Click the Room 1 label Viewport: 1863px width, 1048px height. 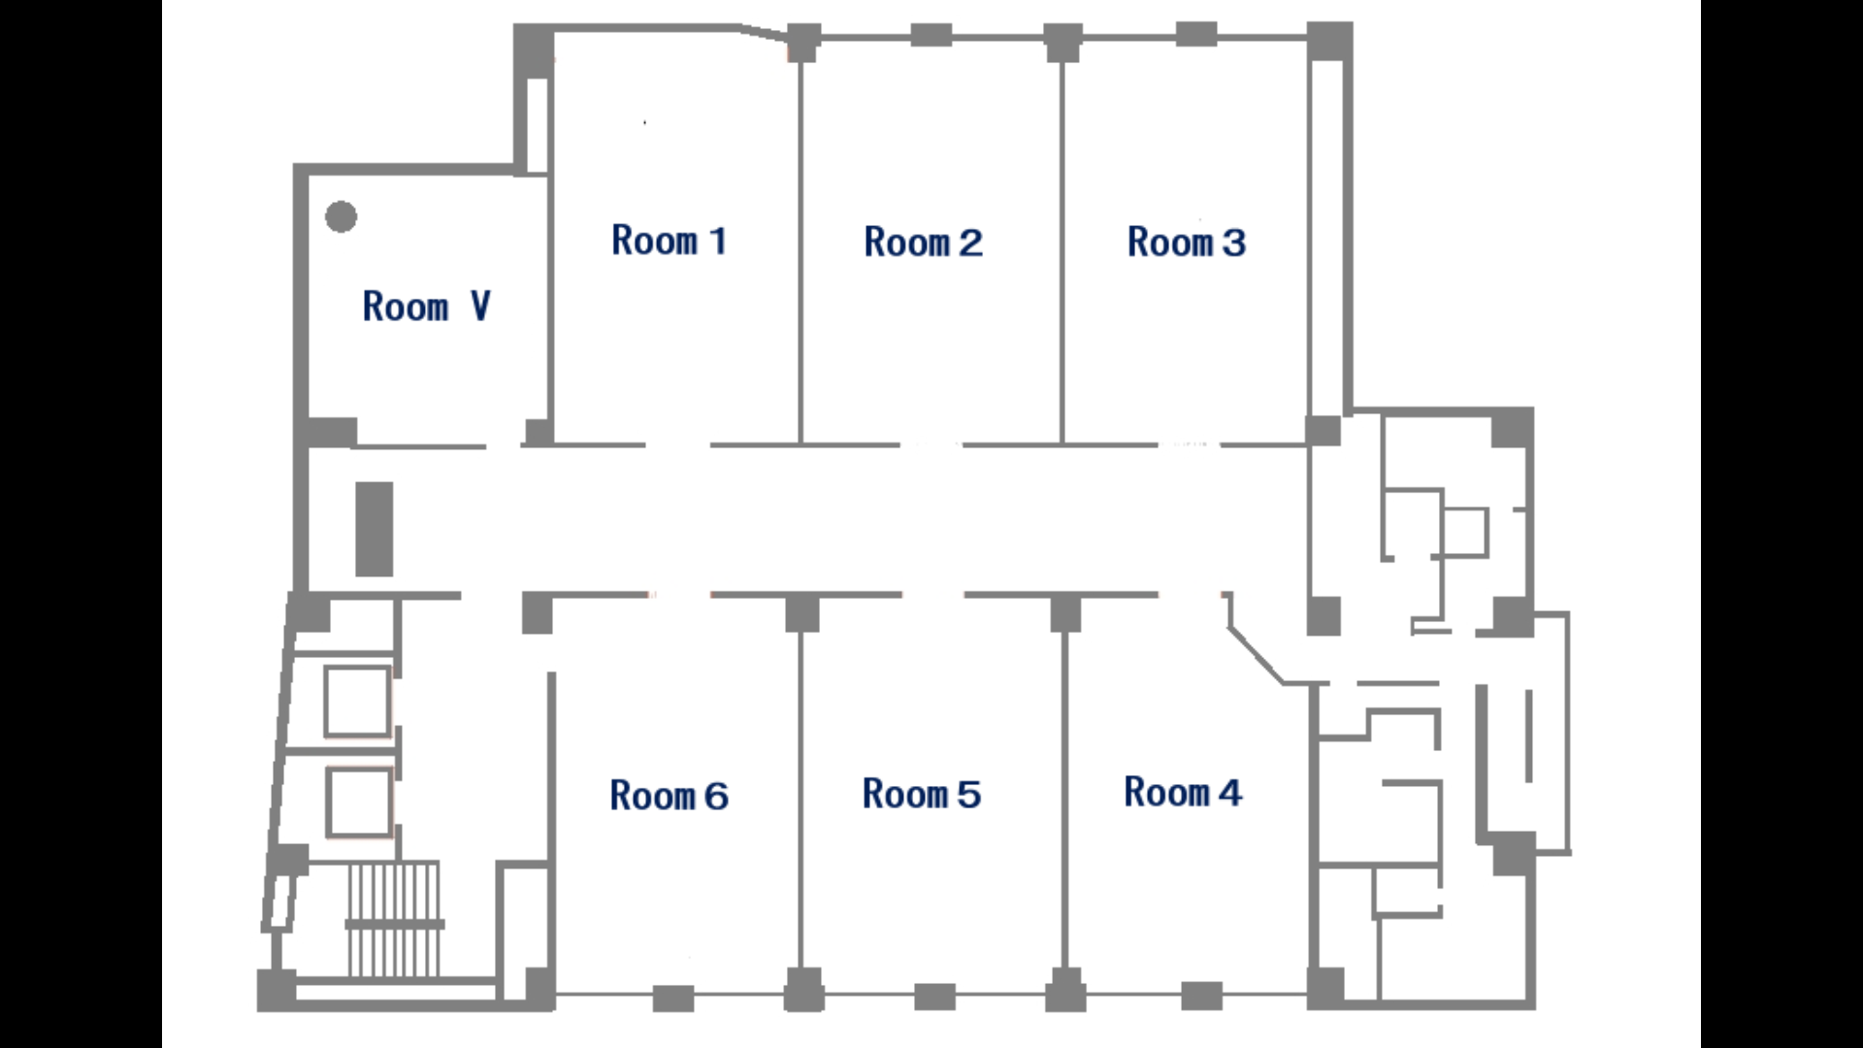pos(669,241)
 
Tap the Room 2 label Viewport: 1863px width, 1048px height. pos(923,243)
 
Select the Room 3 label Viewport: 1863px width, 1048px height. pos(1186,243)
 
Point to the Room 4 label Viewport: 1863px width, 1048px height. pos(1183,793)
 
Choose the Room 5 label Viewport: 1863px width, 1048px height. pos(922,795)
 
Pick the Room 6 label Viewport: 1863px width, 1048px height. pos(669,797)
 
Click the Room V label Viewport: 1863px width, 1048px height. pos(427,307)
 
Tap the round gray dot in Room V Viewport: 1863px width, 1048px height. pos(341,216)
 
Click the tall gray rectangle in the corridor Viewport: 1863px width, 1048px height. pos(375,529)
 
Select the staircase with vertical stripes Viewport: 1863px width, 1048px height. pos(394,919)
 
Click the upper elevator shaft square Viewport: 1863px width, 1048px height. pos(358,702)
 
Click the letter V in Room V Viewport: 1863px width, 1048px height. pos(480,307)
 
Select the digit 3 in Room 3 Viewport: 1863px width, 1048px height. pos(1233,243)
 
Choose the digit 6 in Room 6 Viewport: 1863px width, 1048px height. pos(716,797)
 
